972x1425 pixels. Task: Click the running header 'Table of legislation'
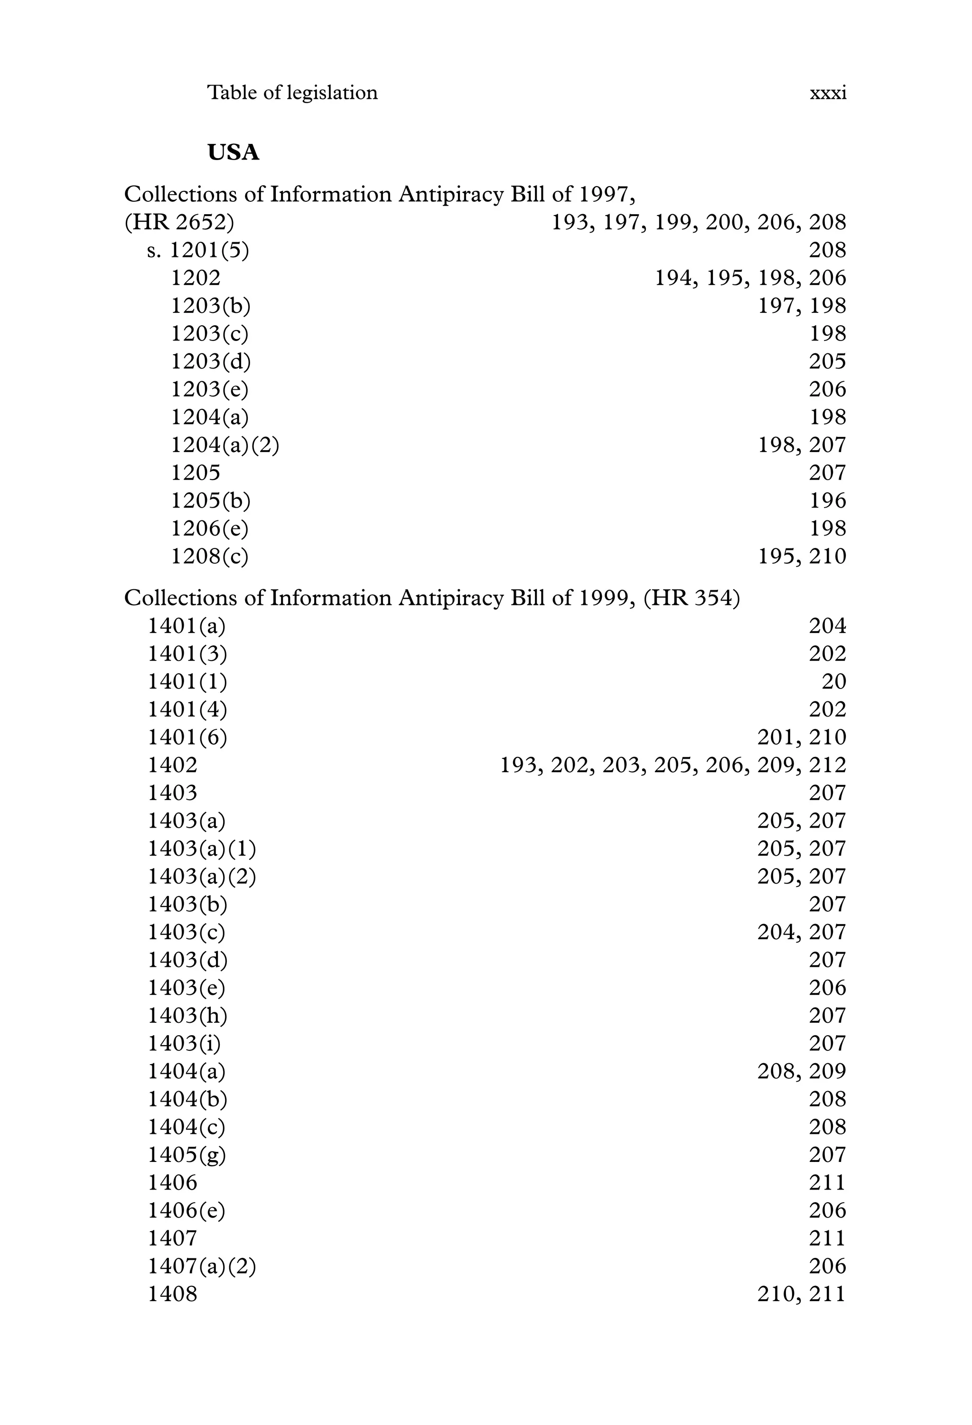click(x=292, y=93)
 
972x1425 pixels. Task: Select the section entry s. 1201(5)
click(x=198, y=250)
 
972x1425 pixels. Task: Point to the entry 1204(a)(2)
click(x=225, y=444)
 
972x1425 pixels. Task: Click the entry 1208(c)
click(x=210, y=556)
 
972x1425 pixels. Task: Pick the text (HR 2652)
click(x=179, y=222)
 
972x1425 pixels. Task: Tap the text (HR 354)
click(x=692, y=598)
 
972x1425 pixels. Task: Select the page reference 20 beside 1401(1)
click(x=833, y=681)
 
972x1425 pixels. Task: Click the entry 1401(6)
click(x=187, y=737)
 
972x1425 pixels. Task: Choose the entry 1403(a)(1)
click(x=202, y=849)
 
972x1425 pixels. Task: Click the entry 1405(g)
click(x=187, y=1155)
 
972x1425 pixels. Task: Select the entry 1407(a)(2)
click(x=202, y=1266)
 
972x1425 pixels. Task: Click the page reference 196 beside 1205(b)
click(x=827, y=500)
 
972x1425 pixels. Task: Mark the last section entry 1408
click(x=173, y=1294)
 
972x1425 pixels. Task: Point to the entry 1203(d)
click(x=211, y=361)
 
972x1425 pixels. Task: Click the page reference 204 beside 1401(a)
click(x=827, y=625)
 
